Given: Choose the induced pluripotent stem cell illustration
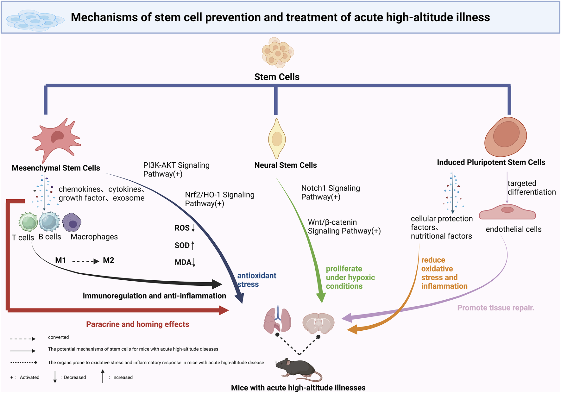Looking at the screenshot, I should point(506,137).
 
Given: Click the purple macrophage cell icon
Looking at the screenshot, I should point(72,222).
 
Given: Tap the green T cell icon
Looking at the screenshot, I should point(28,222).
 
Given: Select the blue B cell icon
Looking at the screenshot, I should point(49,221).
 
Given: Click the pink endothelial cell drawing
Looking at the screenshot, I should point(507,212).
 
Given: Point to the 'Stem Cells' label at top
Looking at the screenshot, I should point(277,77).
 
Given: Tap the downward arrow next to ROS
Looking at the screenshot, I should point(193,228).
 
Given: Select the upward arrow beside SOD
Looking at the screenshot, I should point(192,245).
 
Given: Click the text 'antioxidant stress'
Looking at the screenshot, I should point(256,280).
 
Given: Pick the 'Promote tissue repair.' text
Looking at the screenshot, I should point(495,308).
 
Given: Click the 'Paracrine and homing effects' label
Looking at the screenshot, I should point(137,324).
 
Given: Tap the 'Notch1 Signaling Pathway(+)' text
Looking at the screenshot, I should point(330,192).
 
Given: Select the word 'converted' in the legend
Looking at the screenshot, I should point(58,337).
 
